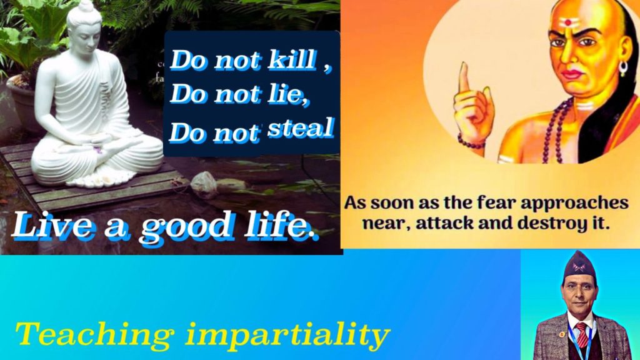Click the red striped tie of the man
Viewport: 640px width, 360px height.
pos(581,334)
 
